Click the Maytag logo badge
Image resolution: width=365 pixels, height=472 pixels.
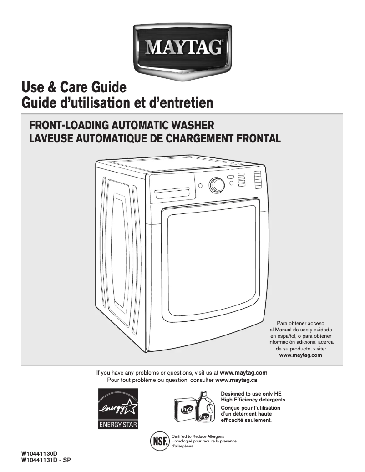183,47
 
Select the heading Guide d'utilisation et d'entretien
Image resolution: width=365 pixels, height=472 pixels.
117,102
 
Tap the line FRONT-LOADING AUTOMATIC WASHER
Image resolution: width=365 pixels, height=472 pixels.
122,125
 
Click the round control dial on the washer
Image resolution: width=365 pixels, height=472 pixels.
217,185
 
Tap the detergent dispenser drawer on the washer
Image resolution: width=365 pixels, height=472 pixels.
172,193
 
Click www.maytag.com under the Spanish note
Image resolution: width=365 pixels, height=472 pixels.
300,355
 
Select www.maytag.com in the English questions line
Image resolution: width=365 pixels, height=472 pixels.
243,373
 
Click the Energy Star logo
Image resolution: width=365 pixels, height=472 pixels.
118,408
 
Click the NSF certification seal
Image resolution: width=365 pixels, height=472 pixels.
159,441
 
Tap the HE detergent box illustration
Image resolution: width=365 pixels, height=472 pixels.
186,409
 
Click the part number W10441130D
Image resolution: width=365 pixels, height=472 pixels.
39,454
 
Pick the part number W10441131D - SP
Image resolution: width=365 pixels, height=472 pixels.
46,460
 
